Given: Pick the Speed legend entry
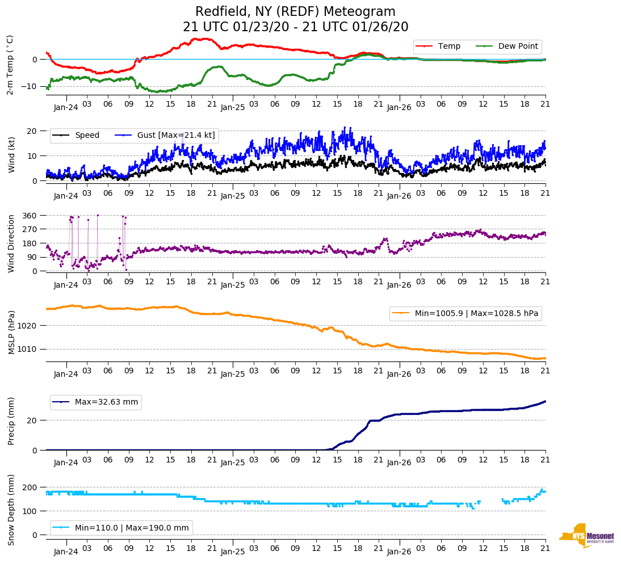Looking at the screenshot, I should coord(87,136).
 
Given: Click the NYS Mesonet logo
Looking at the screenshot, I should coord(586,536).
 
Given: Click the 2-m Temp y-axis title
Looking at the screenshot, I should coord(10,64).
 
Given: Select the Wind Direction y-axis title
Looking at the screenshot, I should coord(11,243).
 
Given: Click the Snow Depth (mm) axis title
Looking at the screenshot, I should coord(11,511).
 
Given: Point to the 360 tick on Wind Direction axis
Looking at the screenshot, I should coord(30,216).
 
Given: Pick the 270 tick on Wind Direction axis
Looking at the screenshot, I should coord(30,229).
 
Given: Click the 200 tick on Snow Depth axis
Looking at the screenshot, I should coord(30,487).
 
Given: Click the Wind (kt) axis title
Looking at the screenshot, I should coord(11,154).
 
